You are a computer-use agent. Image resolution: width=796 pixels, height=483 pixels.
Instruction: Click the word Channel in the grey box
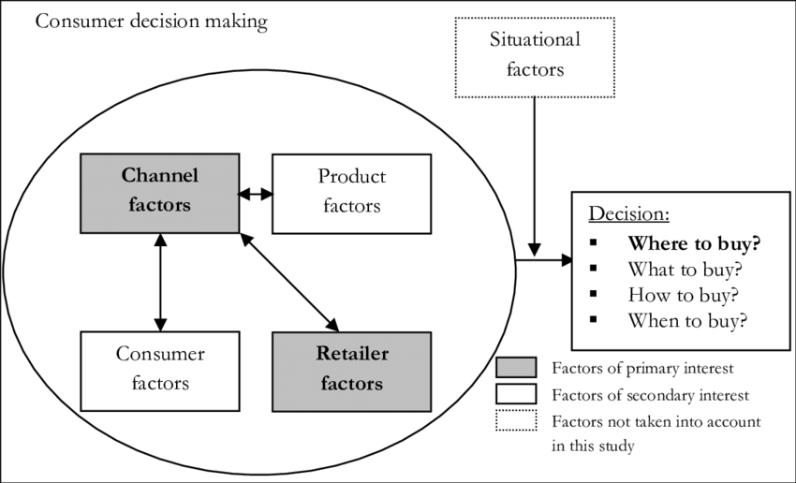[159, 176]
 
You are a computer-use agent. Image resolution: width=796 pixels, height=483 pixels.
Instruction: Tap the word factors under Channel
[159, 204]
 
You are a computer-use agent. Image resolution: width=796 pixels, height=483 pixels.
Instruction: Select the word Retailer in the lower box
[351, 354]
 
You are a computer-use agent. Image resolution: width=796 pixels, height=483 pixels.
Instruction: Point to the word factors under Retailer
[351, 384]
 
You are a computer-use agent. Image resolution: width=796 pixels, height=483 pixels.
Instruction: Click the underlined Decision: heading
[628, 214]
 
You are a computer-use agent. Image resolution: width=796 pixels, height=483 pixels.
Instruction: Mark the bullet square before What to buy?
[594, 270]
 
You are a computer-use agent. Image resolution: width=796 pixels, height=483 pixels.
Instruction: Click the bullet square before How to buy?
[594, 295]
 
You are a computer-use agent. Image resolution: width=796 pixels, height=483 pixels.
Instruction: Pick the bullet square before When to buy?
[594, 320]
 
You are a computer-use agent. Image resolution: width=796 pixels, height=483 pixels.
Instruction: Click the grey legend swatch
[516, 367]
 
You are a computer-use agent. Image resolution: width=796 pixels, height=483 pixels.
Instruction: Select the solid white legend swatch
[516, 393]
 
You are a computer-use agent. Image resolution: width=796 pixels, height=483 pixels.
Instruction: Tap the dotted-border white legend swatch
[516, 420]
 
